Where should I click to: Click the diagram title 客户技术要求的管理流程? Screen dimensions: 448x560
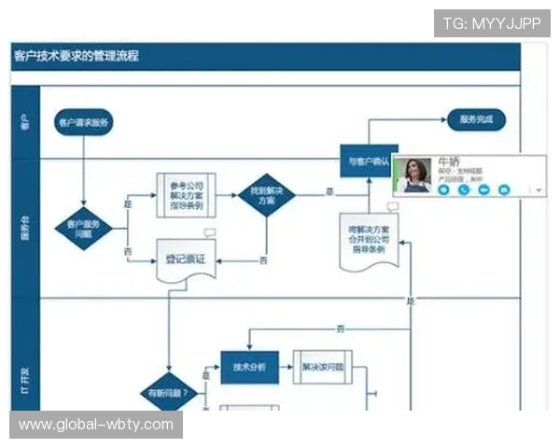(77, 56)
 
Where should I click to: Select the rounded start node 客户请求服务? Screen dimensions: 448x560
(84, 122)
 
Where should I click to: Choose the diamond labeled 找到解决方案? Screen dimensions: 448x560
(262, 195)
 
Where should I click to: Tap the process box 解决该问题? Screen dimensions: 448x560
(323, 367)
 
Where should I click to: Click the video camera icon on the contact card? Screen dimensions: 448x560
(483, 189)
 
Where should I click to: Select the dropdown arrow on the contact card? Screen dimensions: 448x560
(540, 189)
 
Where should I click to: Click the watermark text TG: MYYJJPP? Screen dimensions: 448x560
(492, 22)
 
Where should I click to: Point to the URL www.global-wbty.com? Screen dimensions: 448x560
(96, 425)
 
